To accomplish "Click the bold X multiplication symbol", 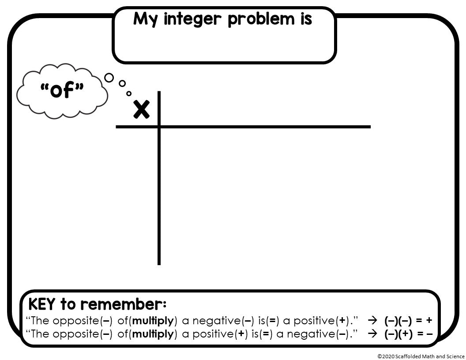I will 141,109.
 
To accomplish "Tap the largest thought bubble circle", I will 109,78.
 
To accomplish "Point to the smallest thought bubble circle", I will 129,93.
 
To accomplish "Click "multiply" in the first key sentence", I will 153,321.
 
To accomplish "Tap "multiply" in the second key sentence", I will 153,334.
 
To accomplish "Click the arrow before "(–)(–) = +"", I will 373,321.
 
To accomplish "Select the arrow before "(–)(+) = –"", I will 373,334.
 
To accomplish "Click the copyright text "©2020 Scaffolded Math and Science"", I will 421,356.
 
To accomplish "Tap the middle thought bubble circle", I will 122,83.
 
